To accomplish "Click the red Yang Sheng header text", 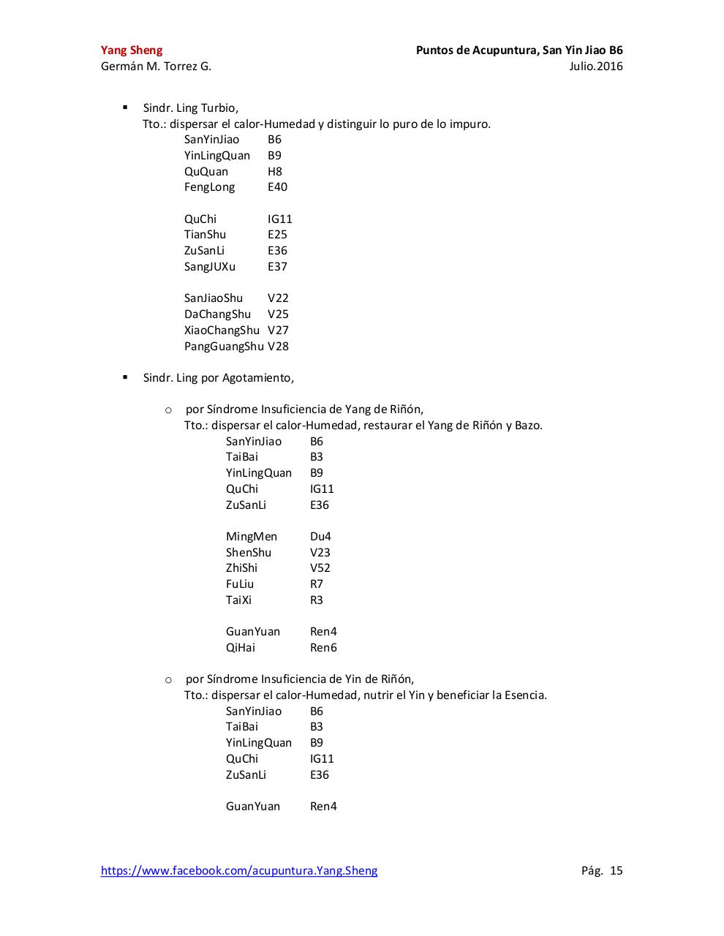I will click(x=132, y=50).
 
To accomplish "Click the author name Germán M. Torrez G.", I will click(x=156, y=67).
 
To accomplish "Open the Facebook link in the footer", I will click(x=239, y=871).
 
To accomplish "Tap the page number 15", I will click(x=616, y=871).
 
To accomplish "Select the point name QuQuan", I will click(x=206, y=172).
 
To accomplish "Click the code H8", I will click(x=275, y=172).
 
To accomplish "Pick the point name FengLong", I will click(x=210, y=187).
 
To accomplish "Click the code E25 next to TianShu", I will click(x=277, y=235).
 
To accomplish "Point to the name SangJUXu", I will click(x=210, y=267).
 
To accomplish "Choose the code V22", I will click(x=278, y=298).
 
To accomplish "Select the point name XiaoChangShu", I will click(x=222, y=331).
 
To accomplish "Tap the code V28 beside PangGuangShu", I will click(x=278, y=347).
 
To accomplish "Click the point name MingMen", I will click(x=252, y=537).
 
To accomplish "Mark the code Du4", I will click(x=320, y=537).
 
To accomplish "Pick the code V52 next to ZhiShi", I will click(x=320, y=568).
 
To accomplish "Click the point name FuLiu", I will click(x=240, y=584).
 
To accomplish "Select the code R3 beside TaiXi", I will click(x=316, y=600).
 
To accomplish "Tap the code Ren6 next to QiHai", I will click(x=323, y=648).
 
